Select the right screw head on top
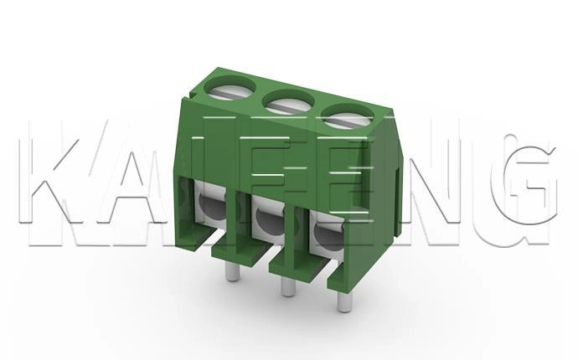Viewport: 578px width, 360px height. [x=348, y=117]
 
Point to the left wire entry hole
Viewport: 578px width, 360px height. [x=212, y=205]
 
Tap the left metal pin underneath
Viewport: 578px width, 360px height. [x=233, y=271]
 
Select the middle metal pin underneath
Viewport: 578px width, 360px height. [x=288, y=285]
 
